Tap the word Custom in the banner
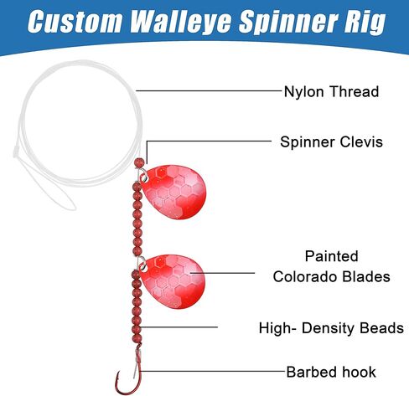(x=75, y=22)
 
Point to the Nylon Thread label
(x=331, y=91)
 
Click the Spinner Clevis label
(x=331, y=141)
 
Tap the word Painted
(x=331, y=256)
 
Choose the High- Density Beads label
(x=331, y=328)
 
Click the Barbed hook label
(x=331, y=372)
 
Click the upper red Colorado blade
(x=174, y=192)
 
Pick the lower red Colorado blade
(x=174, y=281)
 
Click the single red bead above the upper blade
(x=139, y=162)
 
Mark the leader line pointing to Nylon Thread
(x=209, y=90)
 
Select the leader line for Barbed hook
(x=212, y=371)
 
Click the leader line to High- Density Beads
(x=179, y=327)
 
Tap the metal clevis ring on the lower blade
(x=142, y=263)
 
